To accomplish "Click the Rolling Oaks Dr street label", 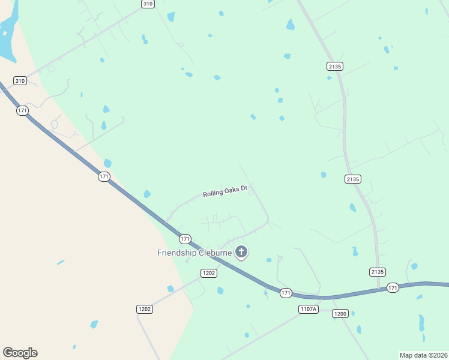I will coord(225,192).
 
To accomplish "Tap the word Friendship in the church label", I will coord(177,253).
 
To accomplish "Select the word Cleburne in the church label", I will coord(215,253).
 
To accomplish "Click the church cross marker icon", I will coord(241,252).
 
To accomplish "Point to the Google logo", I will coord(20,353).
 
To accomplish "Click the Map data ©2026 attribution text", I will coord(423,355).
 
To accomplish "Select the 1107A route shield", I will coord(308,309).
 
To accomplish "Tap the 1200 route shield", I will coord(340,314).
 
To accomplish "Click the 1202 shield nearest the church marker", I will coord(209,273).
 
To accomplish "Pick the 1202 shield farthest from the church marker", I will coord(145,309).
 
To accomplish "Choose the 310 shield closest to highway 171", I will coord(20,80).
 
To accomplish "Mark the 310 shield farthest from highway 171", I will coord(148,4).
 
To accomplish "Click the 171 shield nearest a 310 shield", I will coord(23,110).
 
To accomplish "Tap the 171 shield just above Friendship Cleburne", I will coord(185,239).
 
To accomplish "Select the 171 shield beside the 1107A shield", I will coord(286,293).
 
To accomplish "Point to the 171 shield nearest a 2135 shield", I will coord(393,287).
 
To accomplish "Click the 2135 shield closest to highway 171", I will coord(377,272).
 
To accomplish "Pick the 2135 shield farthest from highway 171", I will coord(334,65).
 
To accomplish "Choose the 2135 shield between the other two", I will coord(352,179).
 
